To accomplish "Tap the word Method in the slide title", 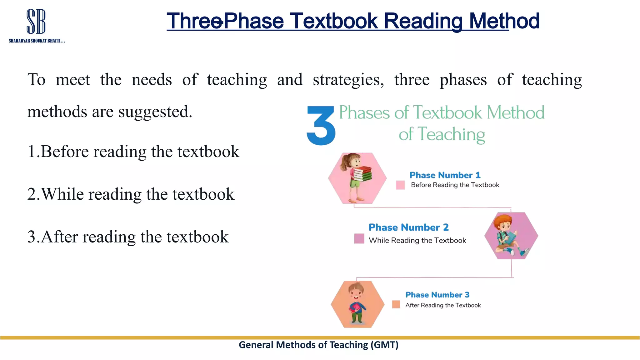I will [504, 21].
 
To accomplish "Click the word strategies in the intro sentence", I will [348, 80].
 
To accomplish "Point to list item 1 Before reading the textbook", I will [133, 152].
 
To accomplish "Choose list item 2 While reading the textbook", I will [131, 194].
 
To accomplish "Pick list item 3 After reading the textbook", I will [128, 237].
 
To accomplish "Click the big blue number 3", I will [321, 126].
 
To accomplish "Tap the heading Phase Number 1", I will [445, 175].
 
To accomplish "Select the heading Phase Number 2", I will [408, 227].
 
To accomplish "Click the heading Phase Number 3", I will [437, 295].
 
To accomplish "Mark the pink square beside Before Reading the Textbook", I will [400, 185].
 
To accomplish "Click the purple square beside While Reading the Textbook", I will [359, 238].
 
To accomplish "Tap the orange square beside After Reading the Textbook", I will [396, 304].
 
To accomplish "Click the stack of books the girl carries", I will [363, 174].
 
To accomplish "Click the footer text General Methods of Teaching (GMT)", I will [318, 345].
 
